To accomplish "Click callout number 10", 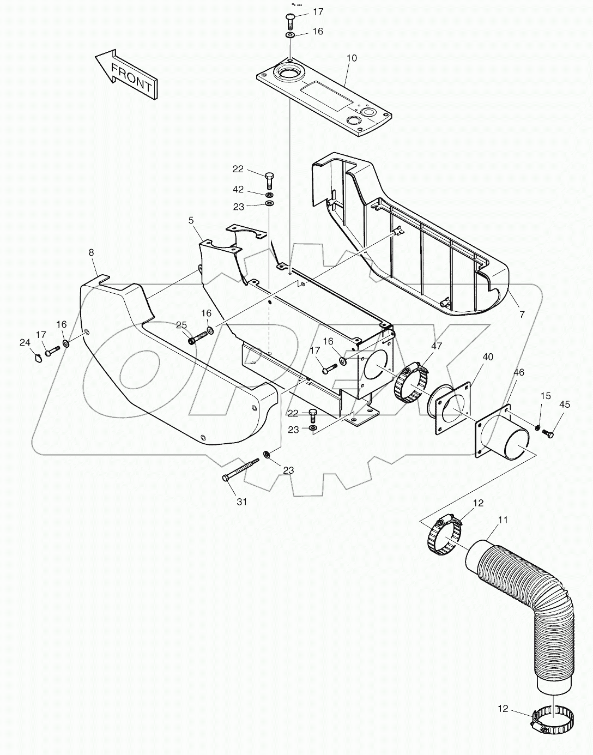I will pyautogui.click(x=352, y=58).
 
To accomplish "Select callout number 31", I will pyautogui.click(x=241, y=502).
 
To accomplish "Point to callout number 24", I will pyautogui.click(x=24, y=342).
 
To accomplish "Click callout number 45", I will pyautogui.click(x=565, y=404).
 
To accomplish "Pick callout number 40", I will pyautogui.click(x=488, y=357).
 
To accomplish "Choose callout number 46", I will pyautogui.click(x=519, y=373).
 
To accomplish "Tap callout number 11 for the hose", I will pyautogui.click(x=503, y=520).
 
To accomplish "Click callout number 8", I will pyautogui.click(x=91, y=253).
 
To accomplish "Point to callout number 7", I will pyautogui.click(x=522, y=315).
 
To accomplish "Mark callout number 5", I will pyautogui.click(x=191, y=221).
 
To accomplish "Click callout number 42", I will pyautogui.click(x=238, y=189).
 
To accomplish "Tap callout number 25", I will pyautogui.click(x=181, y=325).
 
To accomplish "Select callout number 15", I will pyautogui.click(x=546, y=395).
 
